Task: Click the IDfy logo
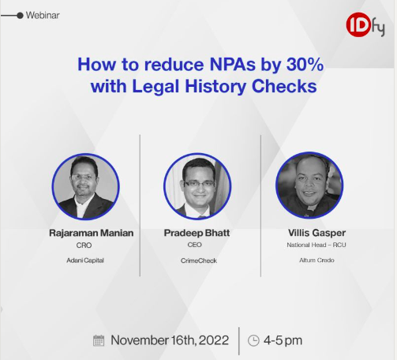coord(365,25)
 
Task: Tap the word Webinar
coord(43,15)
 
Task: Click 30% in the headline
coord(305,64)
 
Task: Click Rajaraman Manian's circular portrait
coord(85,186)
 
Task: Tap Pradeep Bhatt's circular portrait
coord(197,186)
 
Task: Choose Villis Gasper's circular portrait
coord(309,186)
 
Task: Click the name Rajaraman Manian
coord(92,233)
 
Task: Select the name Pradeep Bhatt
coord(197,233)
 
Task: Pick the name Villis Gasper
coord(316,233)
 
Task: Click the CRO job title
coord(84,246)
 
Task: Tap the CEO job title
coord(195,245)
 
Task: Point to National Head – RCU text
coord(316,245)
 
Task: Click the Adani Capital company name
coord(85,261)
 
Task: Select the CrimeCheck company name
coord(199,261)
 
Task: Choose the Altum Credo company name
coord(316,261)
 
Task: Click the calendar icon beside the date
coord(99,341)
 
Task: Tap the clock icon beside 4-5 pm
coord(253,340)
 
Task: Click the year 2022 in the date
coord(214,340)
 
